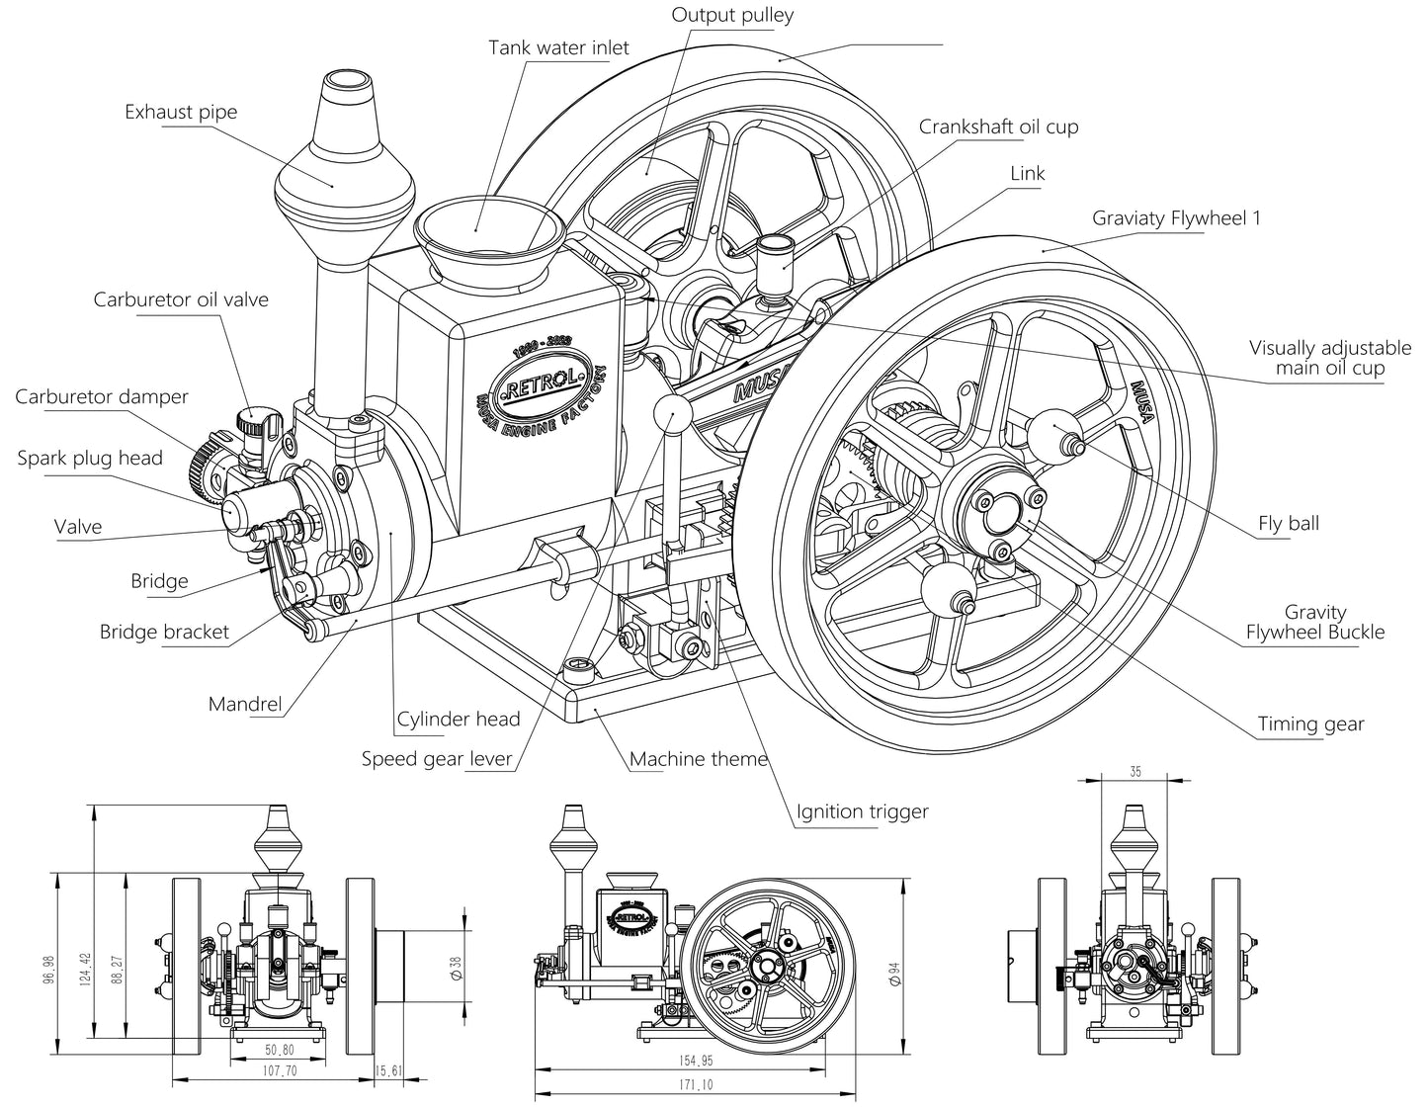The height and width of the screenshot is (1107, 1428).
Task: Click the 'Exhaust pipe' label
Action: [x=181, y=112]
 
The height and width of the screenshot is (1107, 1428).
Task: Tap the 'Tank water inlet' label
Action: [x=558, y=47]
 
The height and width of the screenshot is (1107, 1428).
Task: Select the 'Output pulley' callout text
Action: [x=732, y=15]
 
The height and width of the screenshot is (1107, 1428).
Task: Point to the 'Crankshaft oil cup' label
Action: [x=998, y=127]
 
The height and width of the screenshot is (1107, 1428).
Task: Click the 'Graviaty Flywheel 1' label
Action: [x=1176, y=218]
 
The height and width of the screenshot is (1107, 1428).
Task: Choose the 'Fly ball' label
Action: [x=1289, y=524]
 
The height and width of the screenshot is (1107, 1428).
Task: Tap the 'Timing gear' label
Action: [x=1310, y=724]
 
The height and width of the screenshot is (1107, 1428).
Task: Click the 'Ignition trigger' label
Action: [x=863, y=811]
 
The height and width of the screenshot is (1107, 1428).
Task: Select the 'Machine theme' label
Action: [x=699, y=759]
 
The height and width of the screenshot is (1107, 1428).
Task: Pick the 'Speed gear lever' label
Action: [x=437, y=759]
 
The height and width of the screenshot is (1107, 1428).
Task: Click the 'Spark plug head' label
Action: [x=90, y=459]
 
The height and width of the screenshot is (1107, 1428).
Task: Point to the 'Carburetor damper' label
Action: [x=102, y=396]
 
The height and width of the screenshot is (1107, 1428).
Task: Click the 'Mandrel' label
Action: [x=245, y=705]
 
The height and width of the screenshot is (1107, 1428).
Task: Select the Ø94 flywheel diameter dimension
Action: [x=895, y=977]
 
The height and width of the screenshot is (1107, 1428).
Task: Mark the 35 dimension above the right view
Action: [x=1135, y=771]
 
